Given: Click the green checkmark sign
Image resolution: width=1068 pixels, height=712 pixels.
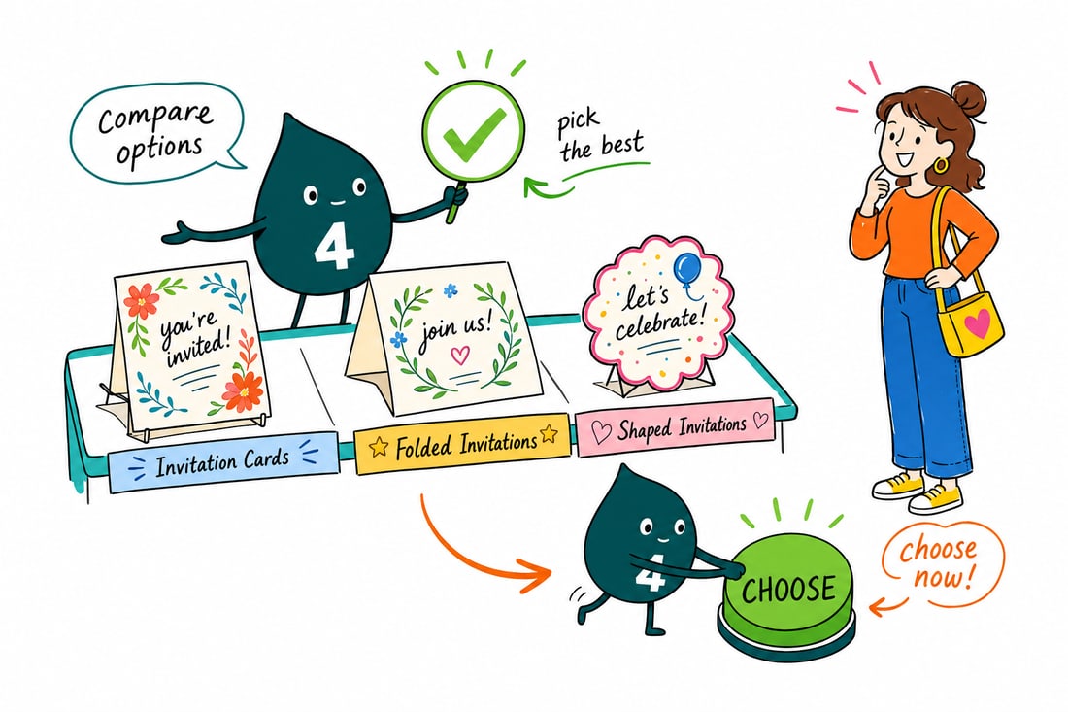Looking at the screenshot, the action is [474, 130].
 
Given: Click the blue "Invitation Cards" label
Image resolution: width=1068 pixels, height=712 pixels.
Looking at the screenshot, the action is [222, 462].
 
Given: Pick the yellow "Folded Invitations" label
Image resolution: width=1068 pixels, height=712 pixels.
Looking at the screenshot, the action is [462, 443].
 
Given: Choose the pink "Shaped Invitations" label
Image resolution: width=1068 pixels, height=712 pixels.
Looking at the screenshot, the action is [679, 428].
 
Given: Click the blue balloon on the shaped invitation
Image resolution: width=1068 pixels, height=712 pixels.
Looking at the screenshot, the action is [687, 268].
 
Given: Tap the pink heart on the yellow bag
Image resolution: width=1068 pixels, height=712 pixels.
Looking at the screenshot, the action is [978, 323].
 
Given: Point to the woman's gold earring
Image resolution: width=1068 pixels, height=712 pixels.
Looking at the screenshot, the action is [941, 165].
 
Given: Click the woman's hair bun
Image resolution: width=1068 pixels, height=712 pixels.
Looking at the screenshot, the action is [968, 98].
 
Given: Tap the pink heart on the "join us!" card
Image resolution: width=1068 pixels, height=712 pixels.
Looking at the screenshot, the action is [460, 355].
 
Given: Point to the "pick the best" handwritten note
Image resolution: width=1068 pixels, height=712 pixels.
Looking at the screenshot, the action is [599, 137].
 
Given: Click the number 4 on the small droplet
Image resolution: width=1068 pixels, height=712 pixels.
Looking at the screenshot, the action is [650, 572].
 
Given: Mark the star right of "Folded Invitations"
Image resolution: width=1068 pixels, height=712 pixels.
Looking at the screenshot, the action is [549, 433].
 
